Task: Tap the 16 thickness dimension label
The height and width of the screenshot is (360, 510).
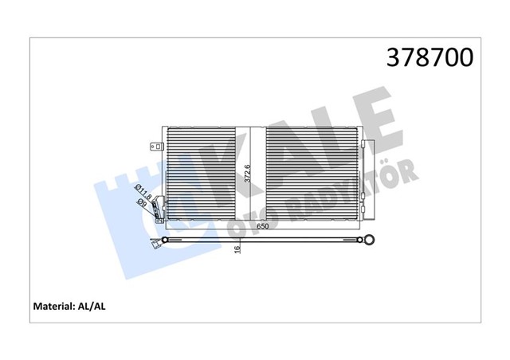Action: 237,248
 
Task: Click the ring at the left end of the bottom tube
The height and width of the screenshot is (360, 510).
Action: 165,239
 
